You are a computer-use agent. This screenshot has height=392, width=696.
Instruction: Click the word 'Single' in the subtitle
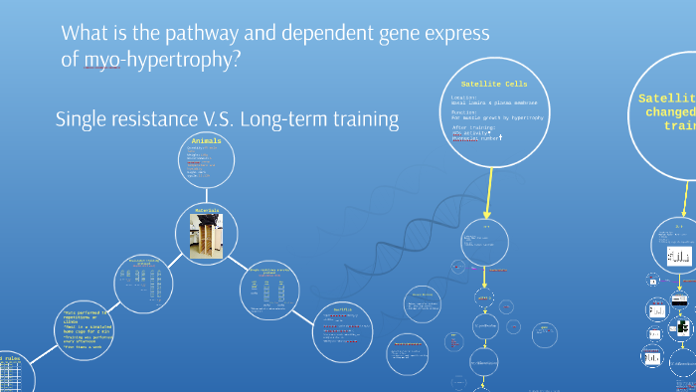[x=85, y=119]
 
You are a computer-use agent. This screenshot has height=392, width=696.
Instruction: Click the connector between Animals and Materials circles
[x=207, y=196]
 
